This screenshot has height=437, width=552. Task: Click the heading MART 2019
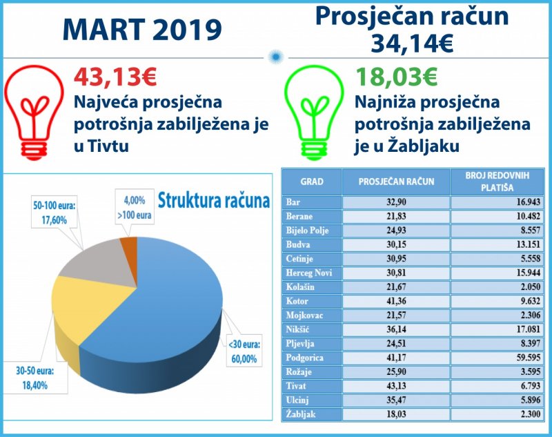(141, 30)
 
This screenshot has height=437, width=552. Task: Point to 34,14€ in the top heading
(412, 44)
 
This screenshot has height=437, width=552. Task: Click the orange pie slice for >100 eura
(127, 247)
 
